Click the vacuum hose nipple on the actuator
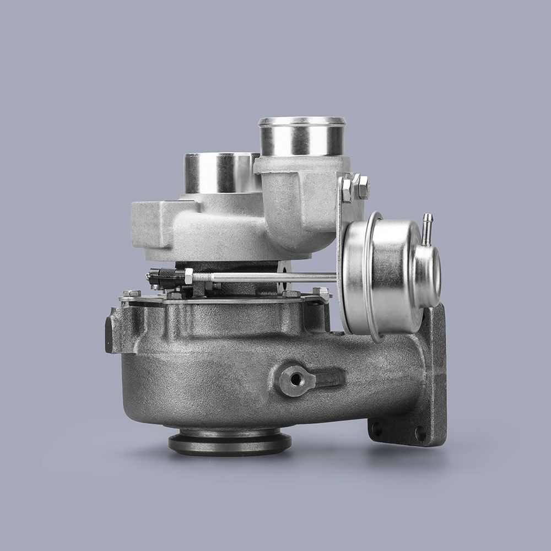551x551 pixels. click(428, 228)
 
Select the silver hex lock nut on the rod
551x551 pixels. click(189, 276)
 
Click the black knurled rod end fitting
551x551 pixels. click(163, 276)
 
